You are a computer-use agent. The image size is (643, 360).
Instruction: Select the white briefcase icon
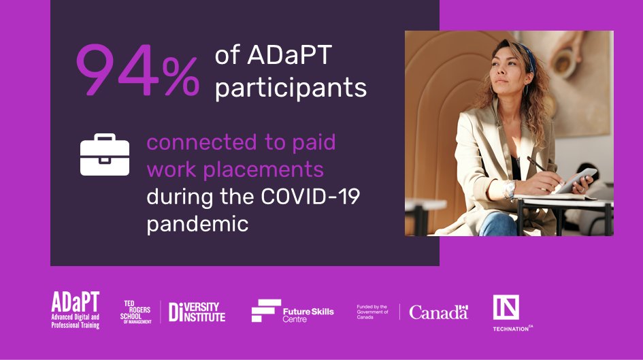(105, 155)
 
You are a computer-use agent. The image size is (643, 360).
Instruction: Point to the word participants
(291, 88)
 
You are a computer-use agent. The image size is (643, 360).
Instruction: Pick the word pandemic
(197, 223)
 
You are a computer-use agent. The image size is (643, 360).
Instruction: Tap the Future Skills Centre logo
(293, 312)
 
